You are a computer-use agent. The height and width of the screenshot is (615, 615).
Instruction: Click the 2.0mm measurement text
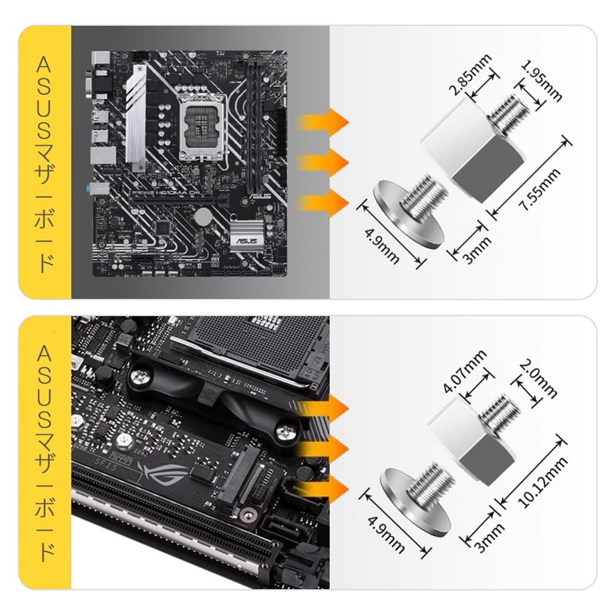click(x=538, y=378)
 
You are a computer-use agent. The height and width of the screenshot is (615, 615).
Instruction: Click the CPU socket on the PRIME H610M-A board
click(x=201, y=128)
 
